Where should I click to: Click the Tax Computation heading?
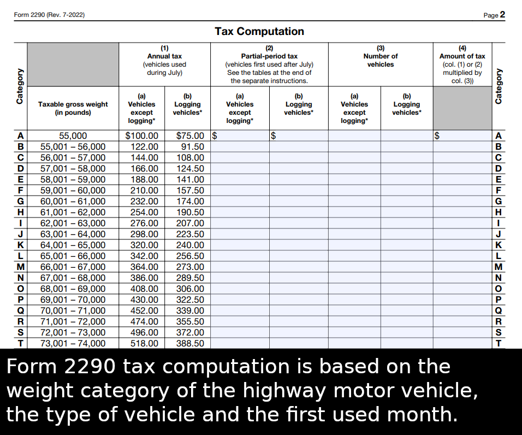click(x=259, y=31)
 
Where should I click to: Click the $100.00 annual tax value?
click(x=142, y=136)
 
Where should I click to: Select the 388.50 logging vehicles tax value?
click(x=190, y=343)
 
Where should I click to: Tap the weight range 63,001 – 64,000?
click(x=73, y=234)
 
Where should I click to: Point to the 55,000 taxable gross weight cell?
click(x=73, y=136)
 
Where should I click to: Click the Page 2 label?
click(x=494, y=15)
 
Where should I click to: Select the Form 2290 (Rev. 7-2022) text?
click(x=49, y=15)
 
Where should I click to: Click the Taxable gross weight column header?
click(x=73, y=108)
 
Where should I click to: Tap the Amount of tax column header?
click(x=462, y=64)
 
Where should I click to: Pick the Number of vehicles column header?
click(x=381, y=60)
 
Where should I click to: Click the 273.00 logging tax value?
click(x=190, y=267)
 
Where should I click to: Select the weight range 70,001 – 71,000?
click(x=73, y=310)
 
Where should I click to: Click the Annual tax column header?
click(x=164, y=60)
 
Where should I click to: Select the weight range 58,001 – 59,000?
click(x=73, y=179)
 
